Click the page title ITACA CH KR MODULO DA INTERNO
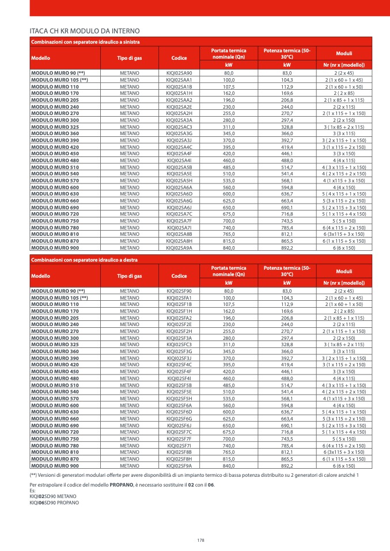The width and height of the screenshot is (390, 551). [85, 30]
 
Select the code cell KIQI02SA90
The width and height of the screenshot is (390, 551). [179, 74]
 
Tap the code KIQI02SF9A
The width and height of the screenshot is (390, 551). [179, 466]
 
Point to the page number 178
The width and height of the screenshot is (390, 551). [200, 540]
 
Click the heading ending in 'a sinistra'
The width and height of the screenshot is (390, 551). [85, 41]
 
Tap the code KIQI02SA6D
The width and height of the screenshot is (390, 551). [179, 194]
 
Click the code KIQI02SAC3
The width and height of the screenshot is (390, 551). [179, 127]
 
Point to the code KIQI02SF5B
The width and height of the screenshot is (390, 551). [179, 385]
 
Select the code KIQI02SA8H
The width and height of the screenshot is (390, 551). [179, 241]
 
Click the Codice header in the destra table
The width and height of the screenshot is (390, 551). [179, 277]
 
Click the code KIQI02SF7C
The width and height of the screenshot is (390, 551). [179, 431]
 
